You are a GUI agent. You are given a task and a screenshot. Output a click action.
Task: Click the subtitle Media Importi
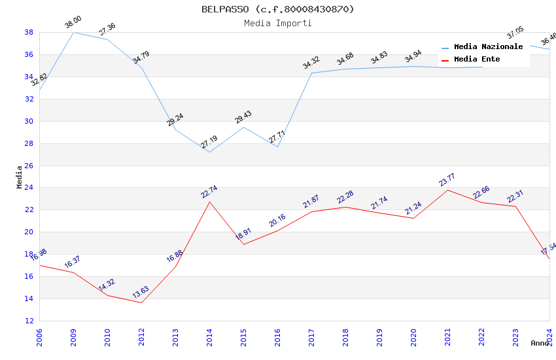pyautogui.click(x=277, y=23)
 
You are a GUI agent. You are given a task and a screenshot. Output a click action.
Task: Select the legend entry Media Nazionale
pyautogui.click(x=488, y=47)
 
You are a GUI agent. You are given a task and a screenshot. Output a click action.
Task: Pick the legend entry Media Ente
pyautogui.click(x=477, y=60)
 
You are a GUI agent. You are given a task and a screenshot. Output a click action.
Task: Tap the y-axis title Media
pyautogui.click(x=19, y=177)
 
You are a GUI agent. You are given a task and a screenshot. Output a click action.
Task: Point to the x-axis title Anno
pyautogui.click(x=540, y=343)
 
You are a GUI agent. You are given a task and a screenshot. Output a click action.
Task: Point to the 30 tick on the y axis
pyautogui.click(x=29, y=121)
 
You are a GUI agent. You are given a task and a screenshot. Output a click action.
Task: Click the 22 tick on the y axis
pyautogui.click(x=29, y=210)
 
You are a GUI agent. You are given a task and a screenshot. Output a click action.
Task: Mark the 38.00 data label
pyautogui.click(x=73, y=24)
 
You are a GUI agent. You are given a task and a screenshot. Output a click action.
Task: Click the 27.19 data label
pyautogui.click(x=209, y=142)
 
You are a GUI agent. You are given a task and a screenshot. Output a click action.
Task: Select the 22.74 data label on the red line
pyautogui.click(x=209, y=192)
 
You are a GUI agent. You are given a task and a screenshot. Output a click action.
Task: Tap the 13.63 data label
pyautogui.click(x=141, y=292)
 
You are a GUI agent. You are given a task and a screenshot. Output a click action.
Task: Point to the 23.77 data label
pyautogui.click(x=447, y=180)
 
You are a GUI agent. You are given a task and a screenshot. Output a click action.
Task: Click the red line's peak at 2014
pyautogui.click(x=209, y=202)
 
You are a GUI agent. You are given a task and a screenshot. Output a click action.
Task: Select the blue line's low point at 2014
pyautogui.click(x=209, y=153)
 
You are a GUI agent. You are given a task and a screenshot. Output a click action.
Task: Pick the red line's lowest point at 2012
pyautogui.click(x=141, y=302)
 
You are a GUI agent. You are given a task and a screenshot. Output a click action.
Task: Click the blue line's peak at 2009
pyautogui.click(x=73, y=32)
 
